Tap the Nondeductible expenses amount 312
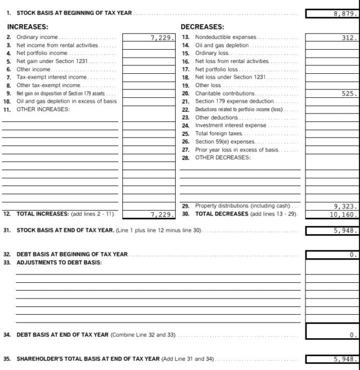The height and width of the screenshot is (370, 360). [x=348, y=38]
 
